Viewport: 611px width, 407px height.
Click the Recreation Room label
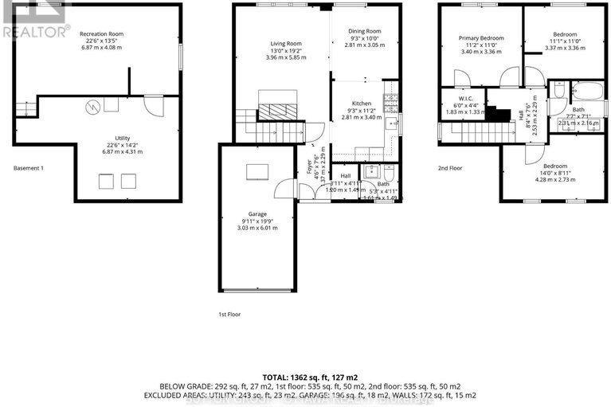pyautogui.click(x=101, y=34)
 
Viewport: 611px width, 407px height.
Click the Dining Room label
pyautogui.click(x=358, y=32)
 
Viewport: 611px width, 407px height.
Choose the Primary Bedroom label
pyautogui.click(x=480, y=37)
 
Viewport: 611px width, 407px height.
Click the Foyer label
pyautogui.click(x=309, y=168)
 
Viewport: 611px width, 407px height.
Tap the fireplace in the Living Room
pyautogui.click(x=277, y=103)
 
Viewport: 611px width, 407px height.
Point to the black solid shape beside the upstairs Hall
pyautogui.click(x=499, y=114)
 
